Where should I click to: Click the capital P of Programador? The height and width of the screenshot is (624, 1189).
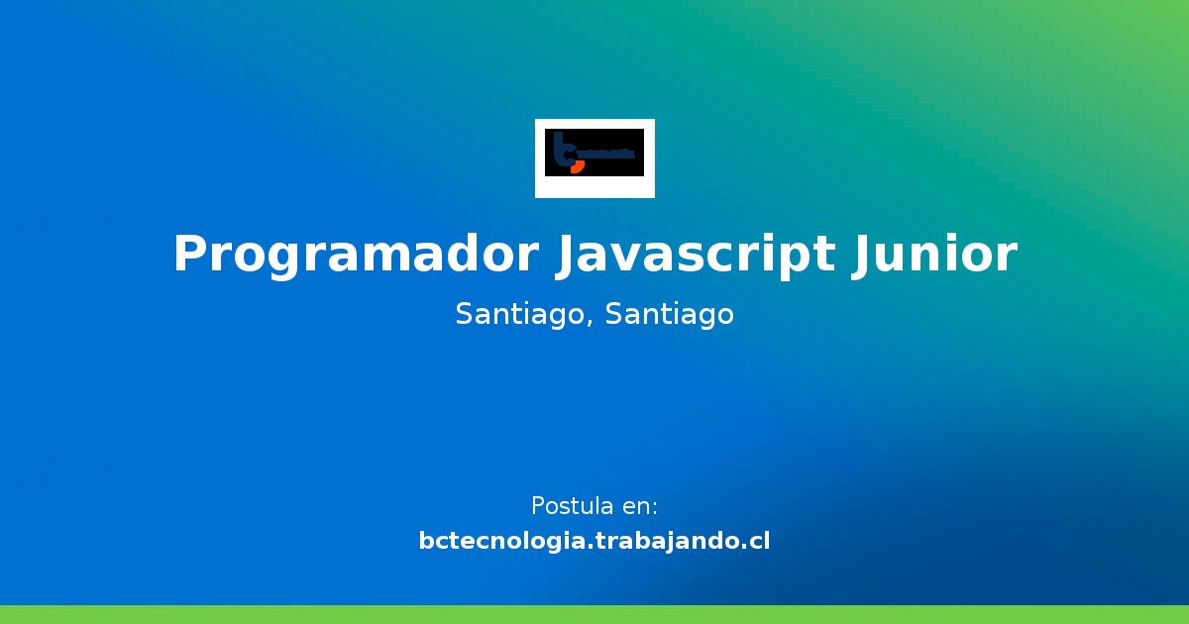(189, 255)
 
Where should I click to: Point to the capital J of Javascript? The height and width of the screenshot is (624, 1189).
(563, 255)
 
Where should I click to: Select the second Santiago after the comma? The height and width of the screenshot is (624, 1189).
(670, 315)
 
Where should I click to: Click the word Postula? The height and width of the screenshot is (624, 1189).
(572, 506)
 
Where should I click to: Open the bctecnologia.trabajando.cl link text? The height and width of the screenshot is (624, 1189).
(594, 541)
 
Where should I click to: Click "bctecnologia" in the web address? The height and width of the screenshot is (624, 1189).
(504, 542)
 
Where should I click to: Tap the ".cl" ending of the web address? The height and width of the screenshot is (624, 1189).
(756, 542)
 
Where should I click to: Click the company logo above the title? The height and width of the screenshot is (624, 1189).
(594, 157)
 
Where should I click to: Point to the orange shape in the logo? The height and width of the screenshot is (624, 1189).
(577, 165)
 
